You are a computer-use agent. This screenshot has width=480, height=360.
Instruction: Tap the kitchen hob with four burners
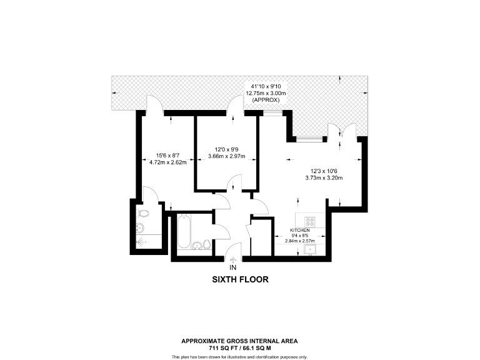coord(310,222)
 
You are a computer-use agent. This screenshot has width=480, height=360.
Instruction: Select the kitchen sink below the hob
coord(309,249)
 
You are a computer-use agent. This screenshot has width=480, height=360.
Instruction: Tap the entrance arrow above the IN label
coord(234,259)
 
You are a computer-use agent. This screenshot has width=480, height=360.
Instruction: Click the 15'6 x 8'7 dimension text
coord(168,156)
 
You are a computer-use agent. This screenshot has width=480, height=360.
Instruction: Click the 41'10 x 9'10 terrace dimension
coord(265,86)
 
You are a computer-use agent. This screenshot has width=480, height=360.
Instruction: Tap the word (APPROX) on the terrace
coord(265,100)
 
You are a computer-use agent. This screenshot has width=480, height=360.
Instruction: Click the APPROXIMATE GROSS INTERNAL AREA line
coord(239,341)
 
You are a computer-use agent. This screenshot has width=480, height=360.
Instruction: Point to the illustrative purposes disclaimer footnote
coord(239,356)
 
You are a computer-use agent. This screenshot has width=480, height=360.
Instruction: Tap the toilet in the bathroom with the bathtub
coord(197,245)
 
